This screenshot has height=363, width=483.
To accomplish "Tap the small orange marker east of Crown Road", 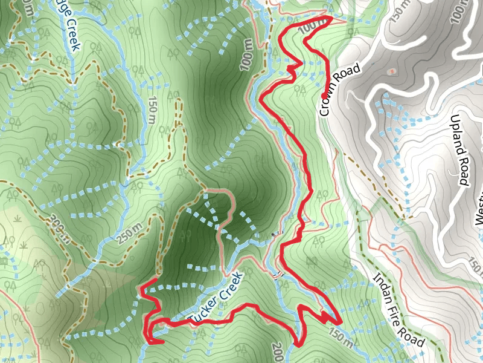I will [393, 71].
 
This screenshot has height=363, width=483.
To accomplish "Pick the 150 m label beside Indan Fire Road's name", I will [343, 338].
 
